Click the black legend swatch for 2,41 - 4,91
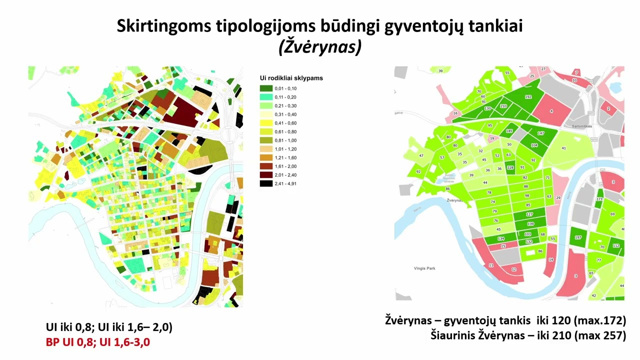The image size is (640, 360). [x=266, y=183]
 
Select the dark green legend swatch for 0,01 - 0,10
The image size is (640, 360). [x=266, y=88]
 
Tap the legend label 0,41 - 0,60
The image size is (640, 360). [x=285, y=123]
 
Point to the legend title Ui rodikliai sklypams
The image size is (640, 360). [x=291, y=78]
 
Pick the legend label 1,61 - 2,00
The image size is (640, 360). [x=285, y=166]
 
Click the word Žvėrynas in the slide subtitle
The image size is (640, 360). [x=319, y=47]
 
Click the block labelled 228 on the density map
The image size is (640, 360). [x=510, y=167]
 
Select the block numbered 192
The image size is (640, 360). [x=528, y=96]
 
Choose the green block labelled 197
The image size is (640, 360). [x=578, y=237]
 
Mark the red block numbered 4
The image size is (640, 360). [x=551, y=111]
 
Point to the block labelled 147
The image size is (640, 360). [x=540, y=133]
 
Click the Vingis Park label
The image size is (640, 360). [x=424, y=268]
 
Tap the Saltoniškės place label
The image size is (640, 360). [x=581, y=126]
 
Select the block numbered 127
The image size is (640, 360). [x=530, y=214]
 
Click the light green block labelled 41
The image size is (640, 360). [x=563, y=148]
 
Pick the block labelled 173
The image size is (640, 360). [x=599, y=199]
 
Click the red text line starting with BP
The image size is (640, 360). [x=98, y=342]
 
